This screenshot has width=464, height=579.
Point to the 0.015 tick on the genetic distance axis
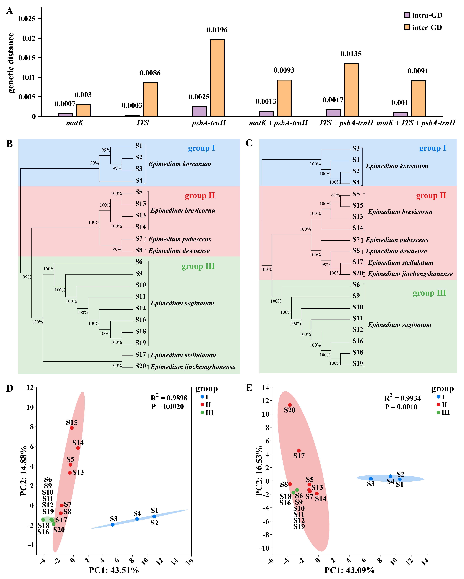(x=27, y=58)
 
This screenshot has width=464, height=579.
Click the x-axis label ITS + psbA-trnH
(x=346, y=123)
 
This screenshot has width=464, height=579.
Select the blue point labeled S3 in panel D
(x=113, y=525)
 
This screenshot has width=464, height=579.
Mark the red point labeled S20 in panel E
(x=290, y=405)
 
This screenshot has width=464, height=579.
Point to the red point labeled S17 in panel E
(x=299, y=451)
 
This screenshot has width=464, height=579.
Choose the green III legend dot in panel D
(x=202, y=413)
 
